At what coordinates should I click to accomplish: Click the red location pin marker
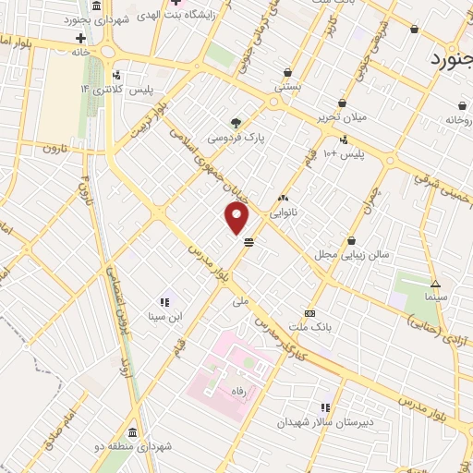point(237,218)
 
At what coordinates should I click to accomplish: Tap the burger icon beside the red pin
point(249,243)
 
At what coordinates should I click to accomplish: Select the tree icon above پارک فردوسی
point(236,122)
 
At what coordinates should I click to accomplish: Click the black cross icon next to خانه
point(80,39)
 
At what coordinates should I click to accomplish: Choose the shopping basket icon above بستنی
point(288,71)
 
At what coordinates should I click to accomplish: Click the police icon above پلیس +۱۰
point(344,140)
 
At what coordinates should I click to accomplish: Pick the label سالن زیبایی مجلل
point(352,252)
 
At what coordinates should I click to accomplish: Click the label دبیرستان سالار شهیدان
point(323,422)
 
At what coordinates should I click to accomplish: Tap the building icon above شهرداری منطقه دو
point(132,432)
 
